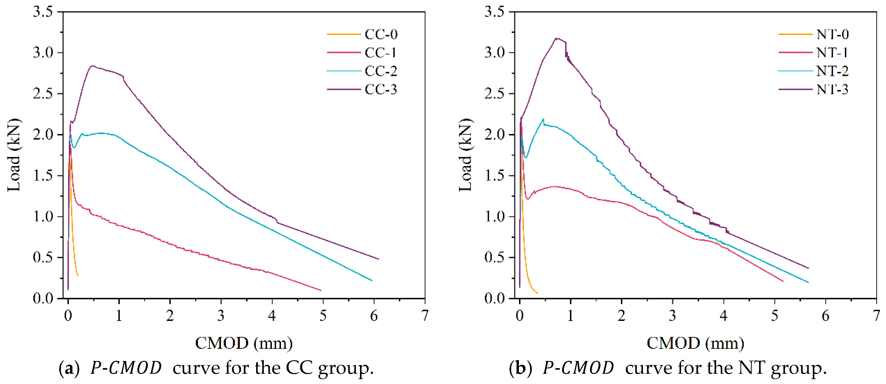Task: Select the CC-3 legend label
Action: pyautogui.click(x=381, y=90)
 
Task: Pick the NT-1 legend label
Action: pyautogui.click(x=832, y=53)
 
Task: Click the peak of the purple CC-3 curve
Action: pyautogui.click(x=92, y=66)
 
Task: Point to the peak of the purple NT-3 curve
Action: pyautogui.click(x=557, y=38)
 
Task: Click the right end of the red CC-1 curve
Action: pyautogui.click(x=321, y=290)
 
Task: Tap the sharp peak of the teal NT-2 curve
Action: pyautogui.click(x=543, y=119)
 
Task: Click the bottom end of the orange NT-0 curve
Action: pyautogui.click(x=537, y=293)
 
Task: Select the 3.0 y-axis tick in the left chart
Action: pyautogui.click(x=43, y=53)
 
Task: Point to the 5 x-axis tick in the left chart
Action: pyautogui.click(x=323, y=315)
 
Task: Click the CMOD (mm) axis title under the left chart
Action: pyautogui.click(x=244, y=343)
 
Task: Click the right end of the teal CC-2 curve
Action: pyautogui.click(x=372, y=281)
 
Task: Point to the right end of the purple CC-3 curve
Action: pyautogui.click(x=379, y=259)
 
